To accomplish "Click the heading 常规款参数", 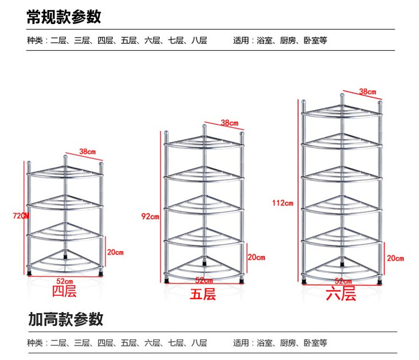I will point(64,17).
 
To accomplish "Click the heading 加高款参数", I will point(66,319).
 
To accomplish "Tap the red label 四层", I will point(64,291).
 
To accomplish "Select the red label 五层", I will point(202,294).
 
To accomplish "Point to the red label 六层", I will point(341,293).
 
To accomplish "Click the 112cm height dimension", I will point(283,202).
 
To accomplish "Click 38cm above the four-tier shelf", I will point(87,151).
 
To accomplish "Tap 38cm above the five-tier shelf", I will point(229,123).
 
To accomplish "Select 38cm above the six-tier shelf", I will point(367,91).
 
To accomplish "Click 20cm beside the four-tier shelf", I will point(115,252).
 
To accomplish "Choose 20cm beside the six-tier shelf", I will point(395,258).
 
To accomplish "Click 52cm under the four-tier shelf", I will point(64,280).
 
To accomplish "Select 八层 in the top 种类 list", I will point(199,41).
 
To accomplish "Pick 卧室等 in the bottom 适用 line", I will point(316,343).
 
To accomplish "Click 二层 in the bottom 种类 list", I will point(58,343).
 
